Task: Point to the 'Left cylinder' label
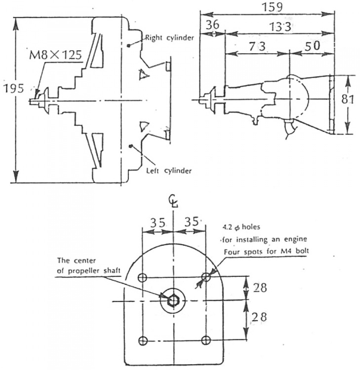click(x=169, y=171)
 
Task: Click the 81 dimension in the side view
click(x=349, y=99)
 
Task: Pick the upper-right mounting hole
click(x=206, y=277)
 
